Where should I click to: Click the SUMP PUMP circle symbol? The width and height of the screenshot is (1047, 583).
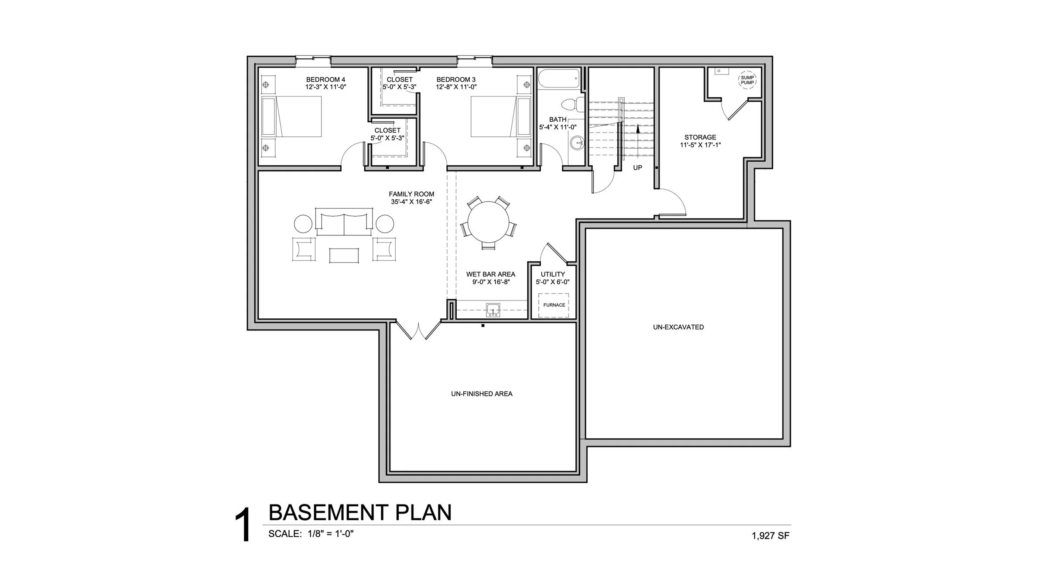coord(747,80)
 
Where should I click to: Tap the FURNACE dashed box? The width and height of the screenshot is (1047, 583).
coord(554,305)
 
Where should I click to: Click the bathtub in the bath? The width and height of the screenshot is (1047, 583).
coord(559,79)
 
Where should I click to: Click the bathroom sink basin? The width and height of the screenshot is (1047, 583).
coord(577,142)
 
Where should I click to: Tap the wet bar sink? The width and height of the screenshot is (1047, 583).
coord(493,310)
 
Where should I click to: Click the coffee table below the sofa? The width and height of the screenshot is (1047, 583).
coord(344,255)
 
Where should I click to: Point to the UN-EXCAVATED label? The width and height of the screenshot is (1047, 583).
coord(678,327)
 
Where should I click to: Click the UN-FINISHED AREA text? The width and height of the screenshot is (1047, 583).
coord(482,394)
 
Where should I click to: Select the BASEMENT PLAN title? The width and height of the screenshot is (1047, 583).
coord(360,512)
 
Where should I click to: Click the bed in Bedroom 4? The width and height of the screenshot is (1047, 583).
coord(291,116)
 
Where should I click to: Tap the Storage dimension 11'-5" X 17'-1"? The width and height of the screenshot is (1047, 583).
coord(700,145)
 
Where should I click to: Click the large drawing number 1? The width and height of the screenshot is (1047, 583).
coord(243,525)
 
